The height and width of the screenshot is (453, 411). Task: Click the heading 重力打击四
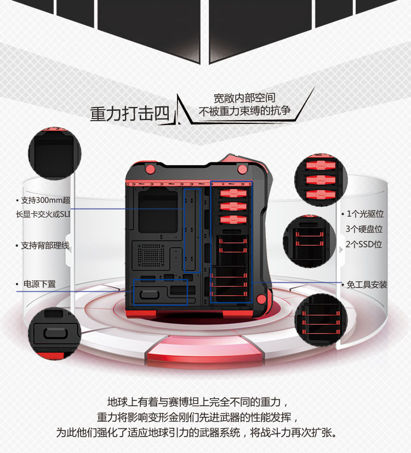pos(129,114)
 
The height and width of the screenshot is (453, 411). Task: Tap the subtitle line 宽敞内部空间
pos(244,98)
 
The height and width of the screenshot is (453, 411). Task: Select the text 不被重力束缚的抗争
pos(244,111)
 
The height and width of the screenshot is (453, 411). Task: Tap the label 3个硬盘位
pos(364,229)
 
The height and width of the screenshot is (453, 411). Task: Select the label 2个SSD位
pos(364,245)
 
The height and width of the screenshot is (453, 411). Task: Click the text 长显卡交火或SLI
pos(43,214)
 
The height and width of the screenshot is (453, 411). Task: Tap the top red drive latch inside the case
pos(233,193)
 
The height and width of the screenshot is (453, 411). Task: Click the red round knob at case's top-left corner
pos(150,169)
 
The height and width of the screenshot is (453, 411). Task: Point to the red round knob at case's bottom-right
pos(261,299)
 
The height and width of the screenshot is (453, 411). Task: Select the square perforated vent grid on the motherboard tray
pos(151,255)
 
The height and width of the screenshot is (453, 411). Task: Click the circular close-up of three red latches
pos(321,180)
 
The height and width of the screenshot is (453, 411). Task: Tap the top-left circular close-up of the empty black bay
pos(55,153)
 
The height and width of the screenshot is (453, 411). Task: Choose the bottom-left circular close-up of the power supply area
pos(55,333)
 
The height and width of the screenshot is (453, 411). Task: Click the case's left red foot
pos(141,313)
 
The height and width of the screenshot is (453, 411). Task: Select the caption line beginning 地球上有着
pos(198,402)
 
